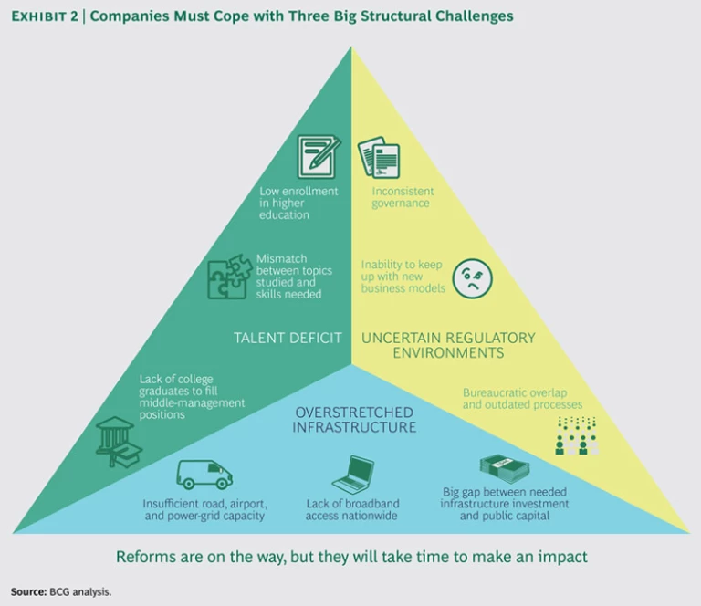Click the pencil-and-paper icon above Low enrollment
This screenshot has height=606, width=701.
tap(319, 156)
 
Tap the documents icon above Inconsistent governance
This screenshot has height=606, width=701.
tap(378, 157)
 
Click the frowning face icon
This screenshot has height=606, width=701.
tap(472, 277)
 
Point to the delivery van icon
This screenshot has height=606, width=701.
tap(204, 474)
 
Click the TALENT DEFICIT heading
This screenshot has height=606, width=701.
tap(288, 338)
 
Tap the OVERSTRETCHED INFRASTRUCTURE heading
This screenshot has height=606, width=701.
tap(355, 419)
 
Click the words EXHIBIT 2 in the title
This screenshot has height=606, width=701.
tap(45, 16)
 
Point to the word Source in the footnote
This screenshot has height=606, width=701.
tap(27, 591)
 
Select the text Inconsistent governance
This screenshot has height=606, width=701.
tap(402, 197)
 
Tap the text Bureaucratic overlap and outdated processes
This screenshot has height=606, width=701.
tap(522, 398)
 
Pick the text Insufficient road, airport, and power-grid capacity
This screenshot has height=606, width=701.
tap(204, 509)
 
